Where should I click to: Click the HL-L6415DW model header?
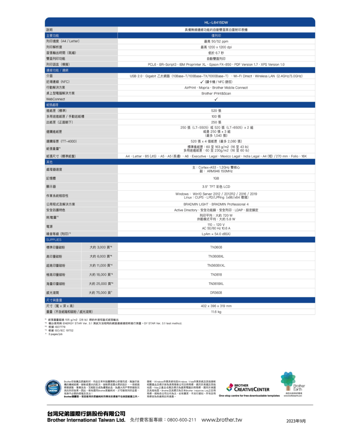(216, 22)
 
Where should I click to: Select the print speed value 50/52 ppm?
(216, 41)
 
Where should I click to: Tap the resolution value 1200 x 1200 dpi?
(216, 47)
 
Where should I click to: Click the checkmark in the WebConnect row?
(216, 99)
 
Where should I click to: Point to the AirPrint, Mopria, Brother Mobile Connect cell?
(216, 87)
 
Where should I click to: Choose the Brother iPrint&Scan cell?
(216, 93)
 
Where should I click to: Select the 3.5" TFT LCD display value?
(216, 187)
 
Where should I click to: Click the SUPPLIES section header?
(53, 240)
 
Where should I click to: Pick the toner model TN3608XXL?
(216, 265)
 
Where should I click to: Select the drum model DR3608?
(216, 293)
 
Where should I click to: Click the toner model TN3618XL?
(216, 284)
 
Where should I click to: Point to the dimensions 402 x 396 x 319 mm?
(216, 306)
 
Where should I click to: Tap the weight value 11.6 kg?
(216, 311)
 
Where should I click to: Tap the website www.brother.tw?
(222, 420)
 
